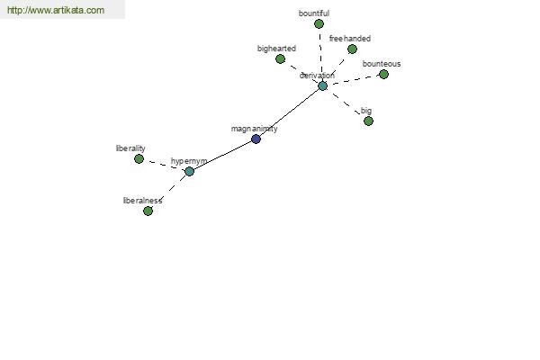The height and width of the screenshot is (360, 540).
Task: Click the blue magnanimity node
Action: click(x=256, y=139)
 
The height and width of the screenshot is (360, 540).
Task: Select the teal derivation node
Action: click(x=322, y=85)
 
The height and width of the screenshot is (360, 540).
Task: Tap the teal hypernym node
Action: click(x=189, y=171)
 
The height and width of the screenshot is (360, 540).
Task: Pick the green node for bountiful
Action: click(x=319, y=23)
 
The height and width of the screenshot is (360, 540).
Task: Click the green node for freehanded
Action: click(x=352, y=49)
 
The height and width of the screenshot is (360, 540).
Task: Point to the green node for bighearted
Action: click(x=280, y=58)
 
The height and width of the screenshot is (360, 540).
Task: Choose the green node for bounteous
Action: click(x=383, y=74)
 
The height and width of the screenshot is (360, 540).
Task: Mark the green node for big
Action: click(x=368, y=121)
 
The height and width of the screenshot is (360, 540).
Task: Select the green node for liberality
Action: click(x=139, y=158)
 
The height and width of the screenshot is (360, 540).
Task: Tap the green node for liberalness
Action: click(x=148, y=211)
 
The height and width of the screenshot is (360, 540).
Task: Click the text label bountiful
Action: click(x=314, y=13)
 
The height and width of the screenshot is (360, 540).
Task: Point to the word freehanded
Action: click(x=350, y=39)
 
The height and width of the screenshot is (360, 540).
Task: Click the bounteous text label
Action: click(x=382, y=64)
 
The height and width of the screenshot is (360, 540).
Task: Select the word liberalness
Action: click(x=142, y=201)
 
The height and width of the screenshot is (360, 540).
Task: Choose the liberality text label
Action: click(x=130, y=148)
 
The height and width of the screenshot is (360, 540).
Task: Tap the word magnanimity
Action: click(x=254, y=129)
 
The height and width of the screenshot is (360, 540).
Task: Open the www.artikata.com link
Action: click(x=56, y=10)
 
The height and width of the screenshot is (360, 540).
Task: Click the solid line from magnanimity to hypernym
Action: click(x=223, y=156)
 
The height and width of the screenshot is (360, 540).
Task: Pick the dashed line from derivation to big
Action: click(x=346, y=103)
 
